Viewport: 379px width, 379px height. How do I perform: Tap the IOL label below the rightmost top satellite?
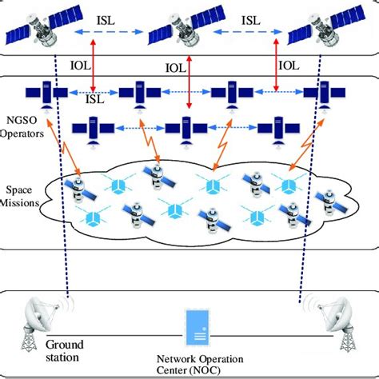[289, 63]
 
